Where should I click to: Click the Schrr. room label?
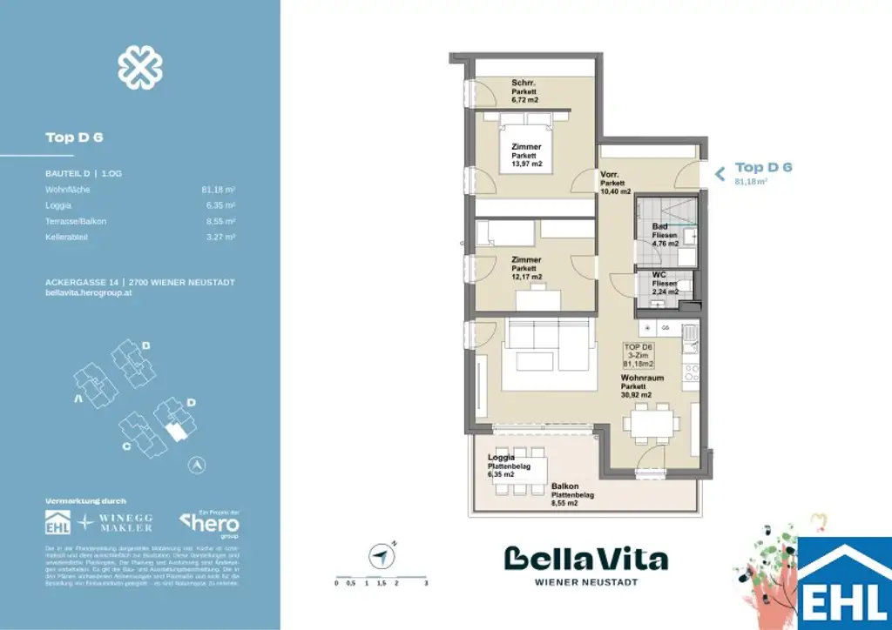pyautogui.click(x=524, y=84)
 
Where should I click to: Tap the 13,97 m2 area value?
pyautogui.click(x=527, y=164)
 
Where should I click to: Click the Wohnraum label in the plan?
pyautogui.click(x=642, y=379)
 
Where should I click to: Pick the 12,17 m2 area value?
pyautogui.click(x=527, y=277)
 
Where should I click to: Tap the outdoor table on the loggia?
pyautogui.click(x=520, y=473)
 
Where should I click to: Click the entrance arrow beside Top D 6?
pyautogui.click(x=720, y=173)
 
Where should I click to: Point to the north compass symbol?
pyautogui.click(x=380, y=554)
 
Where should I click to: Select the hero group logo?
pyautogui.click(x=209, y=524)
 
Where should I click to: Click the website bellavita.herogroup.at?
pyautogui.click(x=88, y=293)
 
